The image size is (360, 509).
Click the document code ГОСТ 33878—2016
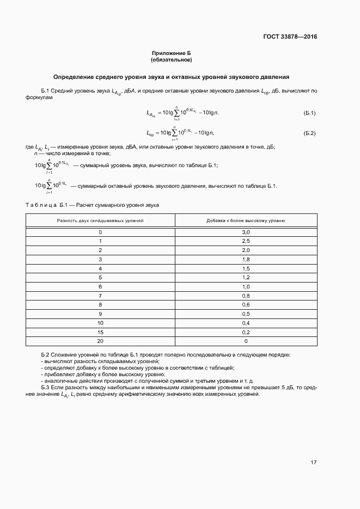289,37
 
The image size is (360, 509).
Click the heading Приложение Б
172,53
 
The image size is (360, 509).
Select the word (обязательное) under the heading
172,59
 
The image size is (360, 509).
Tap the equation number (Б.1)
309,113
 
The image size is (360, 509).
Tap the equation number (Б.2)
309,133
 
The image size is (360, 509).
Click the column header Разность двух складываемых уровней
100,220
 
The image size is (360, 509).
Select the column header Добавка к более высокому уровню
246,220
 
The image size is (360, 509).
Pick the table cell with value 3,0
246,232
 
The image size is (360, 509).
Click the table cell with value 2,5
246,241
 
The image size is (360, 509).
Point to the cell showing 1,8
246,259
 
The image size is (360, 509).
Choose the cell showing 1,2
246,278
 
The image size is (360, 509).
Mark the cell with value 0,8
246,296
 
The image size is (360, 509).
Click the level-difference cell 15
100,332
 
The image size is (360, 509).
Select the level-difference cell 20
100,341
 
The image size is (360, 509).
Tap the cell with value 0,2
246,332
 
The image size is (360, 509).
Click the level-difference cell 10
100,323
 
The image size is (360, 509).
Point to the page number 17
314,463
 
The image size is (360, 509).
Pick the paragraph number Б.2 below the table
45,354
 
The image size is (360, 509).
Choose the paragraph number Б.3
45,388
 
